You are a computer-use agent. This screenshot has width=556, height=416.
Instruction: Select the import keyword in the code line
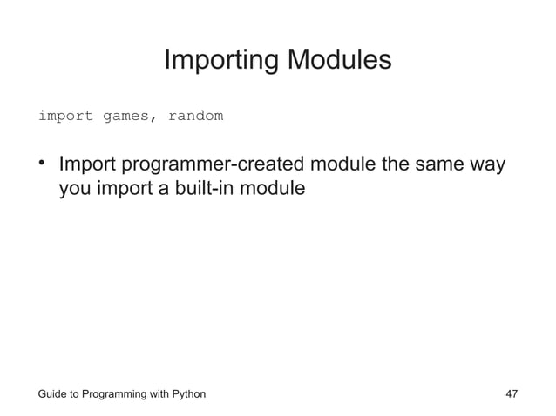(x=64, y=116)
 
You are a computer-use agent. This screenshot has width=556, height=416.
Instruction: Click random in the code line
(x=196, y=116)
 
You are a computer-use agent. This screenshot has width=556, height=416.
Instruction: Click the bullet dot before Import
(x=41, y=164)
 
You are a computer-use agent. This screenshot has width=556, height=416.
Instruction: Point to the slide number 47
(x=512, y=394)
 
